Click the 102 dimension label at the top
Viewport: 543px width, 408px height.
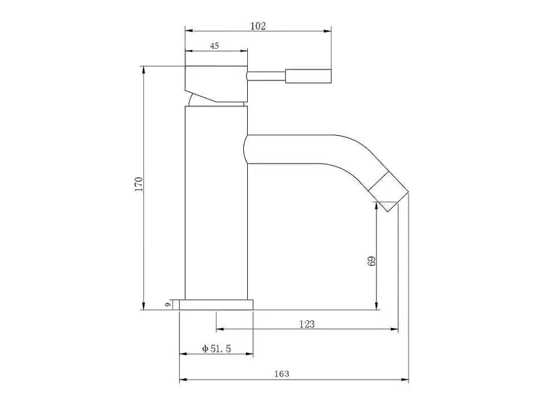click(x=258, y=26)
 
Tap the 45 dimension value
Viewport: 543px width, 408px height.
click(x=214, y=45)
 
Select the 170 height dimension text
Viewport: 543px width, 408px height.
click(x=139, y=184)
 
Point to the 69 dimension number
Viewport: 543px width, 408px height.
click(x=371, y=261)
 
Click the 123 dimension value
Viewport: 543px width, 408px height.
click(x=307, y=324)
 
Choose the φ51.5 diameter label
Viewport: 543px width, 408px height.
click(x=216, y=348)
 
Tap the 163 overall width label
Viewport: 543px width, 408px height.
click(x=282, y=374)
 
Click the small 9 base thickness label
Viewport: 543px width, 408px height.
click(x=168, y=305)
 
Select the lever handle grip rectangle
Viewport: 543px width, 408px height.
click(x=308, y=76)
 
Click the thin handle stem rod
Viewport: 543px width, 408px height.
click(x=266, y=76)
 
